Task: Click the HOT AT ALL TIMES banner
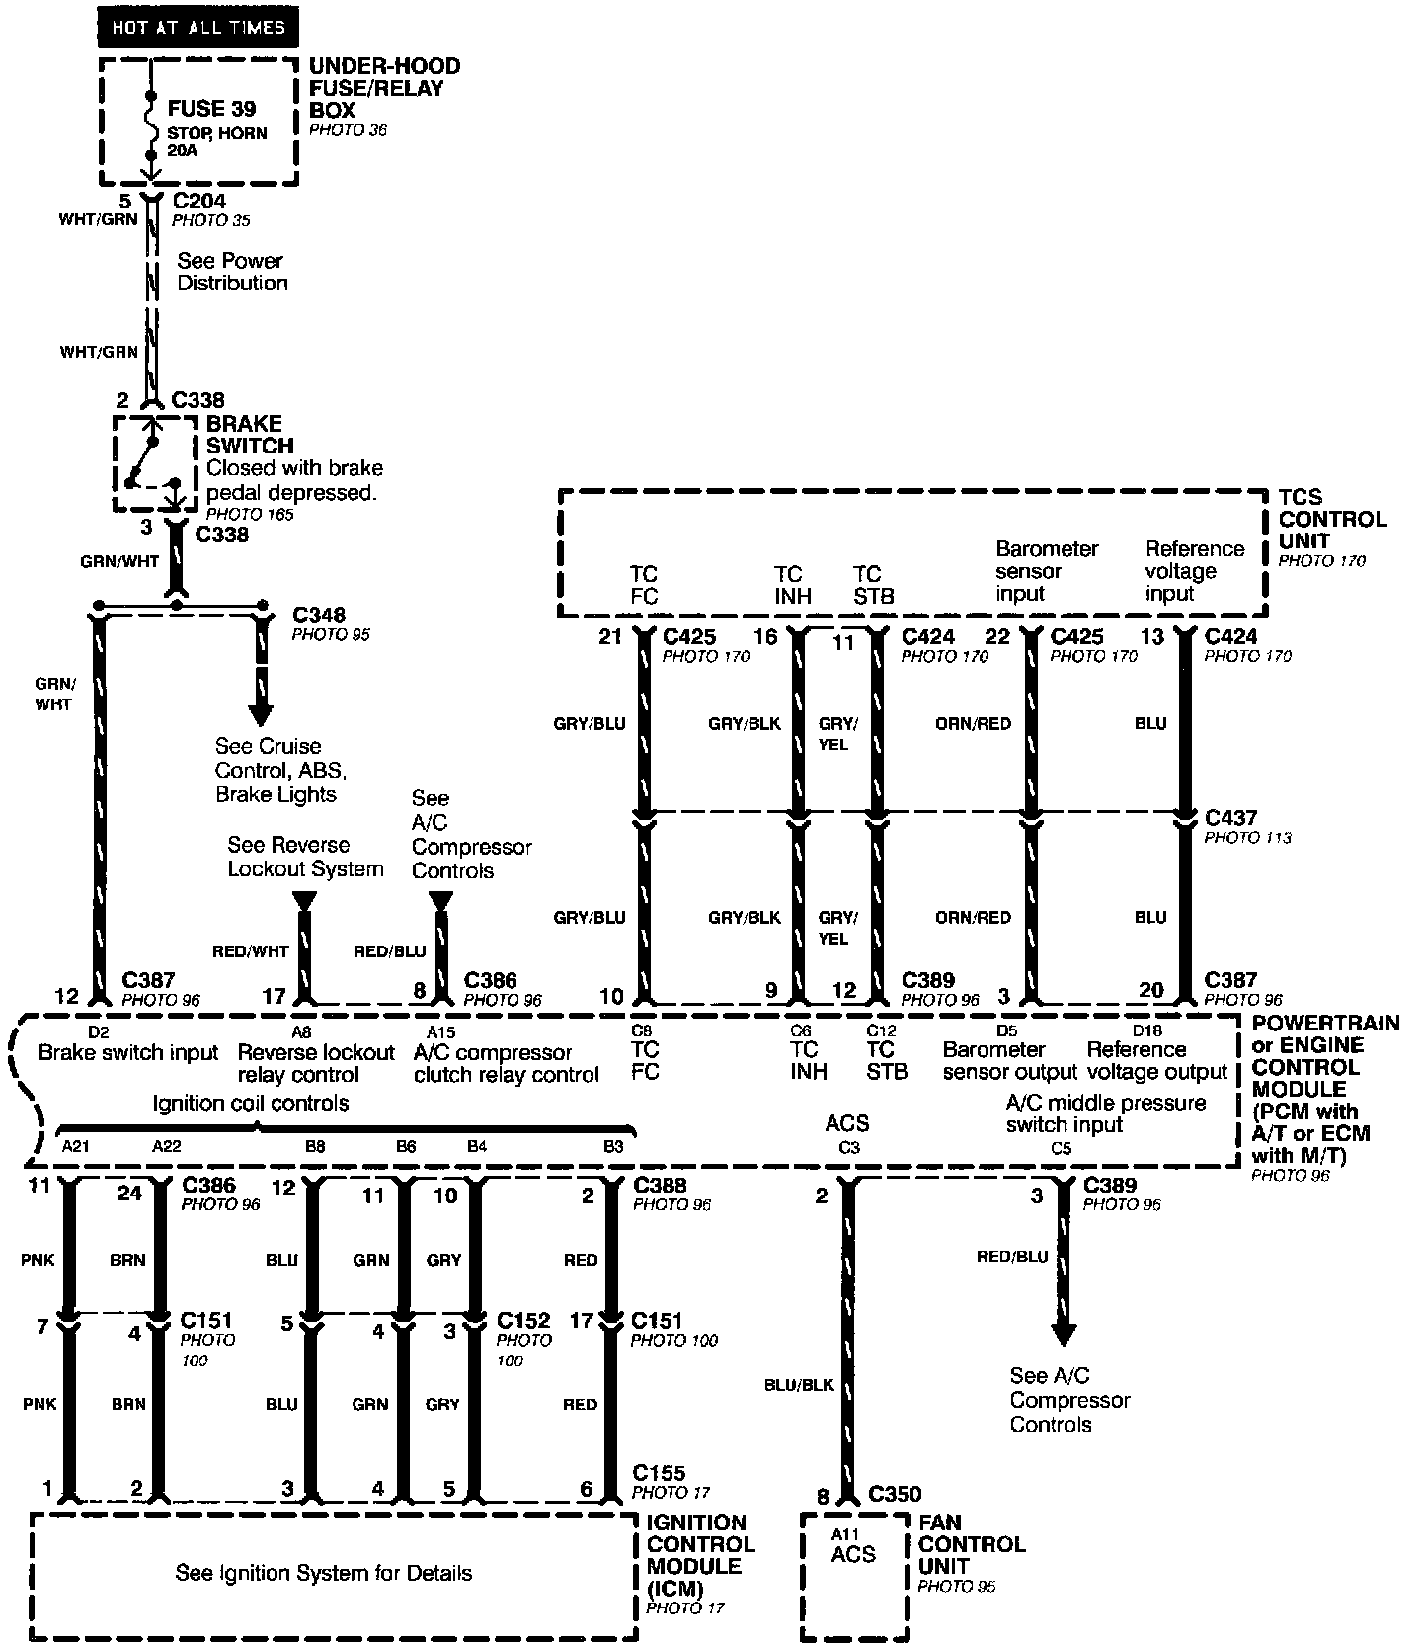[197, 28]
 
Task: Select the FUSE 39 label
[211, 109]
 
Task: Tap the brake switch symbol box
[155, 463]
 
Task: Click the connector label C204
[198, 202]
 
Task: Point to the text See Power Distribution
[232, 272]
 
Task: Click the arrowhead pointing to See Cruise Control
[262, 712]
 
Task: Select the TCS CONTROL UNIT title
[1332, 519]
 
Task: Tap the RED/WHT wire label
[251, 951]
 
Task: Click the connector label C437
[1230, 818]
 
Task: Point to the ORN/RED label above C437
[973, 724]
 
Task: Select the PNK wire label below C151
[41, 1404]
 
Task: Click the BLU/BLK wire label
[799, 1385]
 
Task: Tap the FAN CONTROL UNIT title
[972, 1544]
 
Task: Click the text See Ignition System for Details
[324, 1573]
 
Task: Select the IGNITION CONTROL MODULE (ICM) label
[700, 1556]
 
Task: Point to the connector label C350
[895, 1495]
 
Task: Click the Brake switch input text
[127, 1053]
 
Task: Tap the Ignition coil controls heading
[250, 1103]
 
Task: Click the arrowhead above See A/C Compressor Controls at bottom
[1063, 1334]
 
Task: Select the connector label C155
[659, 1473]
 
